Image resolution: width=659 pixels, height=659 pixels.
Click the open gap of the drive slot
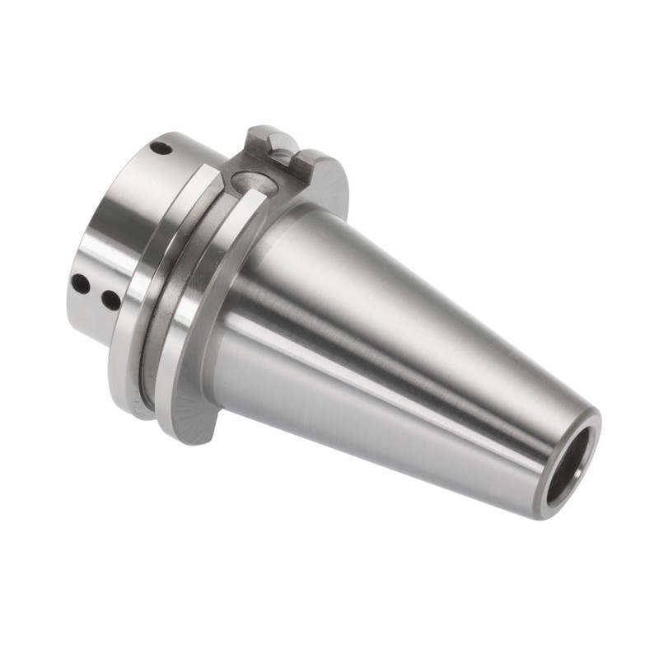pos(285,156)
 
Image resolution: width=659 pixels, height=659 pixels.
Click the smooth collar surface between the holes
pos(124,222)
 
